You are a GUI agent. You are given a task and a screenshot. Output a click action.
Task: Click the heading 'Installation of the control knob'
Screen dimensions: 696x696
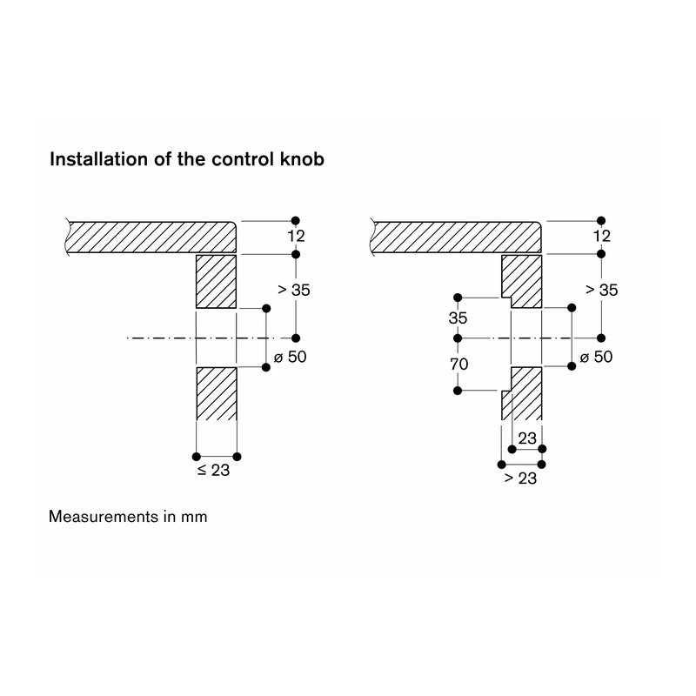(187, 159)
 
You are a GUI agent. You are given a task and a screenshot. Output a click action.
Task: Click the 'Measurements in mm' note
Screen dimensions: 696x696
(128, 517)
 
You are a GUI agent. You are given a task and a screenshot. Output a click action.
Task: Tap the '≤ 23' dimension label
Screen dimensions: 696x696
(213, 471)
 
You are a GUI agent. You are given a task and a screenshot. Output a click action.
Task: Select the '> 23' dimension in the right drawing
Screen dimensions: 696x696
(520, 478)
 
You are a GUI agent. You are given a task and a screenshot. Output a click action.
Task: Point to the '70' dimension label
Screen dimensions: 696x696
(459, 365)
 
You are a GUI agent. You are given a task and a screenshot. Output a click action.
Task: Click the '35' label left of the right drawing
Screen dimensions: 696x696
(458, 318)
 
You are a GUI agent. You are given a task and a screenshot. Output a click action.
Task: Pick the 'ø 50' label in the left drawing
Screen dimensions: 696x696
(291, 357)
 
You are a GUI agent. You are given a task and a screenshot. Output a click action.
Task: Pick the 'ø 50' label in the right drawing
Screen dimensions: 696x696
(596, 357)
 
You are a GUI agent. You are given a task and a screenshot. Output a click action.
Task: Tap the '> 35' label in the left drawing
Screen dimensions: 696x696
(294, 290)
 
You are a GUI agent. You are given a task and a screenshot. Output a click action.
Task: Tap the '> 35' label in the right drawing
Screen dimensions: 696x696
(601, 290)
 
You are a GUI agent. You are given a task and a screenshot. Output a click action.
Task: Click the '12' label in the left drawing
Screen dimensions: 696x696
(296, 236)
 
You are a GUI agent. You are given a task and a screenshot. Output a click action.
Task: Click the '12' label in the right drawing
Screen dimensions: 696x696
(602, 236)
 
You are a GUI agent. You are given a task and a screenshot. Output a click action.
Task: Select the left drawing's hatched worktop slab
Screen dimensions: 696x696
(151, 237)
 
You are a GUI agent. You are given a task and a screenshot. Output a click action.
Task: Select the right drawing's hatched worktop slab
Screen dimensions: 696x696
(456, 237)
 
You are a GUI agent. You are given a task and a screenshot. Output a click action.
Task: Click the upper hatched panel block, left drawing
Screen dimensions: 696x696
(216, 281)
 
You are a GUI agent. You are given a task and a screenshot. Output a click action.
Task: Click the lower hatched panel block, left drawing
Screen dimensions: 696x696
(217, 394)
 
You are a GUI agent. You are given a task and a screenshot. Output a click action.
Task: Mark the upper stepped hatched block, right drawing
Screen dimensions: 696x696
(522, 281)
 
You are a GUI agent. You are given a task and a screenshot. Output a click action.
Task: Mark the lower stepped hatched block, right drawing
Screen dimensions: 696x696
(522, 394)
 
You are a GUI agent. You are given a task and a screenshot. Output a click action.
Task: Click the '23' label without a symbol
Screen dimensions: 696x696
(527, 438)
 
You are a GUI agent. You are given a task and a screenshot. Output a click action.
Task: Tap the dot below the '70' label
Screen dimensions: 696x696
(458, 391)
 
